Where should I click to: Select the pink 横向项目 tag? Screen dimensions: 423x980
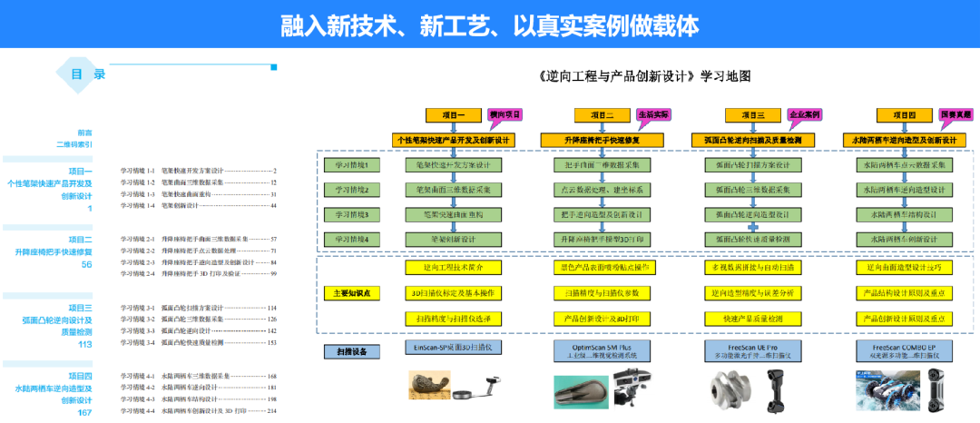[505, 115]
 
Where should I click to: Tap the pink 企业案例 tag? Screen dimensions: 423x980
[803, 115]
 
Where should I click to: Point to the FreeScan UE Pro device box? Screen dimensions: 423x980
[752, 350]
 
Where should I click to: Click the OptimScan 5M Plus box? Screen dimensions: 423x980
[602, 350]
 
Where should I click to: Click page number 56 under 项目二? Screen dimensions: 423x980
[87, 265]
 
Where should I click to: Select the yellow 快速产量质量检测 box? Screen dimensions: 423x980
[752, 319]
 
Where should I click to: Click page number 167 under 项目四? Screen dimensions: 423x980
[84, 413]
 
